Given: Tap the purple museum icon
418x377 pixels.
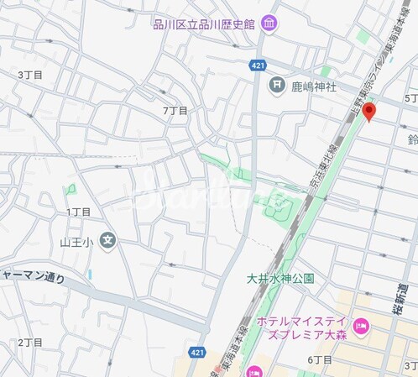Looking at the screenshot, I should (x=269, y=24).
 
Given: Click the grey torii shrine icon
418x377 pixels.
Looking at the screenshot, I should (x=275, y=84).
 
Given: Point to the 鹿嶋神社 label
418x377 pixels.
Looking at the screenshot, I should (x=313, y=85).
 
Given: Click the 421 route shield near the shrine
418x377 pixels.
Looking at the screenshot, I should (x=258, y=65).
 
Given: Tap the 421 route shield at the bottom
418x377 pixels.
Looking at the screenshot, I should (x=196, y=353).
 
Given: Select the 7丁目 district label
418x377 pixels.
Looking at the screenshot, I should (x=175, y=111).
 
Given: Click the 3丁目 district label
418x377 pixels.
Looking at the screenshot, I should (x=30, y=75).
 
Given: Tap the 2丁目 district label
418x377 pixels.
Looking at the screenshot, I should (x=30, y=343).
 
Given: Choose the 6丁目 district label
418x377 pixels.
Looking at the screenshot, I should (x=320, y=359).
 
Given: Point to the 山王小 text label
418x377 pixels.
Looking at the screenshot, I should (x=74, y=243).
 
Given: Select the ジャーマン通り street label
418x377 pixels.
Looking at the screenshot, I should (x=32, y=276).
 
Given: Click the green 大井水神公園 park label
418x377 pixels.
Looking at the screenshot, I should (x=280, y=278).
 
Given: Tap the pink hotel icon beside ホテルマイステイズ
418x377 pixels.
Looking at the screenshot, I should (x=361, y=327).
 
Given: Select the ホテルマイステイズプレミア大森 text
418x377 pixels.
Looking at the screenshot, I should (x=302, y=327).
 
